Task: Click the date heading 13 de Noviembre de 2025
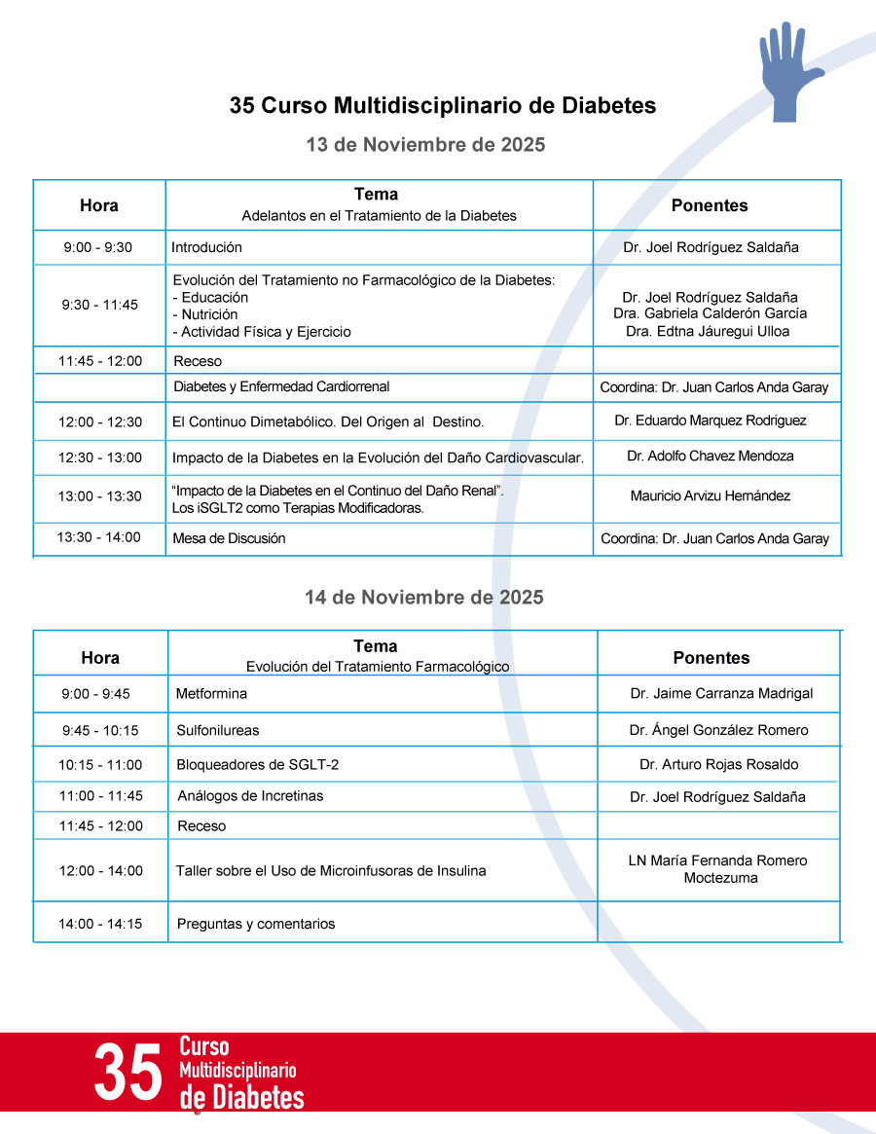click(x=425, y=144)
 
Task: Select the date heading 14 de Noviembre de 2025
click(x=424, y=597)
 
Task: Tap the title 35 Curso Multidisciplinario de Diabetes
click(x=443, y=105)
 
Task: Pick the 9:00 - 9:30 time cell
click(x=98, y=247)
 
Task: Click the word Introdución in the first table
click(x=206, y=247)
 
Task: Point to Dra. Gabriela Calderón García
click(x=710, y=313)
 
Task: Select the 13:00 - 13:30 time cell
click(x=98, y=496)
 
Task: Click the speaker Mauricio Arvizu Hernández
click(x=710, y=496)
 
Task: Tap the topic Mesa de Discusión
click(x=229, y=538)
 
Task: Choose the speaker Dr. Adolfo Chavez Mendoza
click(x=710, y=456)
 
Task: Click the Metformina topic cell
click(x=211, y=694)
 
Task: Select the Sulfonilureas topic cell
click(x=217, y=730)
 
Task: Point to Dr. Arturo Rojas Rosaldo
click(x=718, y=764)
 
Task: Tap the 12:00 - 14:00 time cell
click(x=100, y=871)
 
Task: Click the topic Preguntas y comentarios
click(x=255, y=924)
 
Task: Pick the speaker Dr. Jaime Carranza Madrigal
click(x=721, y=694)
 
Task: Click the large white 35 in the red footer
click(x=128, y=1073)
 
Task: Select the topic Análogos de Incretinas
click(x=250, y=796)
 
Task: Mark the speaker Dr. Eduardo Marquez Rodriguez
click(x=710, y=421)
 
